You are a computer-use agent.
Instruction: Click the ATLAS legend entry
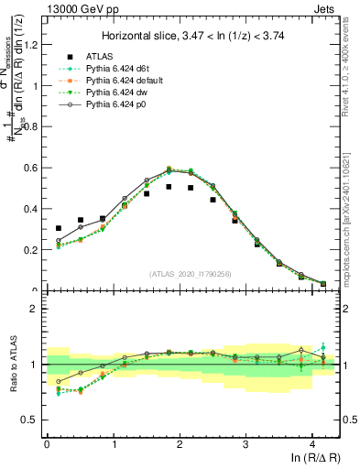point(103,57)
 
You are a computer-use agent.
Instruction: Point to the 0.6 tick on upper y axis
point(31,168)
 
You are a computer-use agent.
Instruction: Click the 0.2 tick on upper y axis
point(31,249)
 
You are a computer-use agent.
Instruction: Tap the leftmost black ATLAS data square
point(59,228)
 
